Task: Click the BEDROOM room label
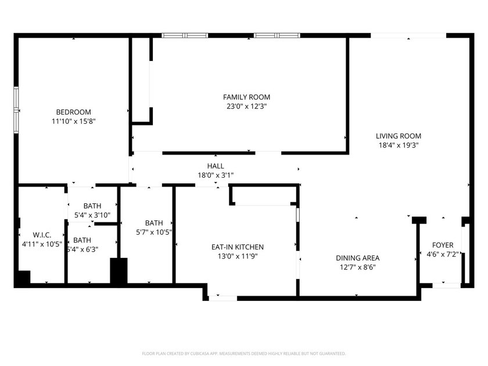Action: click(x=73, y=112)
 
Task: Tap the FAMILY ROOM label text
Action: click(x=247, y=97)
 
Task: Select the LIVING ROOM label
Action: click(x=398, y=136)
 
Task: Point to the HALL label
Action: click(x=216, y=166)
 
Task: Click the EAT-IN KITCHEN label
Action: click(x=237, y=247)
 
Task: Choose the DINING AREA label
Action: click(x=357, y=258)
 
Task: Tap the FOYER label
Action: click(x=443, y=245)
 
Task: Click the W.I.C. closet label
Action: click(x=42, y=235)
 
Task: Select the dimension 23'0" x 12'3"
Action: click(x=247, y=106)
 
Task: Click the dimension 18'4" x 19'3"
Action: click(x=398, y=145)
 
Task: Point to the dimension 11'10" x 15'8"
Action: click(x=73, y=121)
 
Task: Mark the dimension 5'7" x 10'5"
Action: click(x=154, y=232)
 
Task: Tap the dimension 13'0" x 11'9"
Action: click(x=237, y=256)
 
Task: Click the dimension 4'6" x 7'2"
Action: click(x=443, y=254)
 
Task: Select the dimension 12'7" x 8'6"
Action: click(x=357, y=267)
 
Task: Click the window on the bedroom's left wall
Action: click(x=16, y=107)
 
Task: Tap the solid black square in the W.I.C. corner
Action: click(x=22, y=278)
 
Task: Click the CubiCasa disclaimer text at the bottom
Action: click(x=244, y=353)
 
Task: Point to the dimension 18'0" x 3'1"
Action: click(x=216, y=175)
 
